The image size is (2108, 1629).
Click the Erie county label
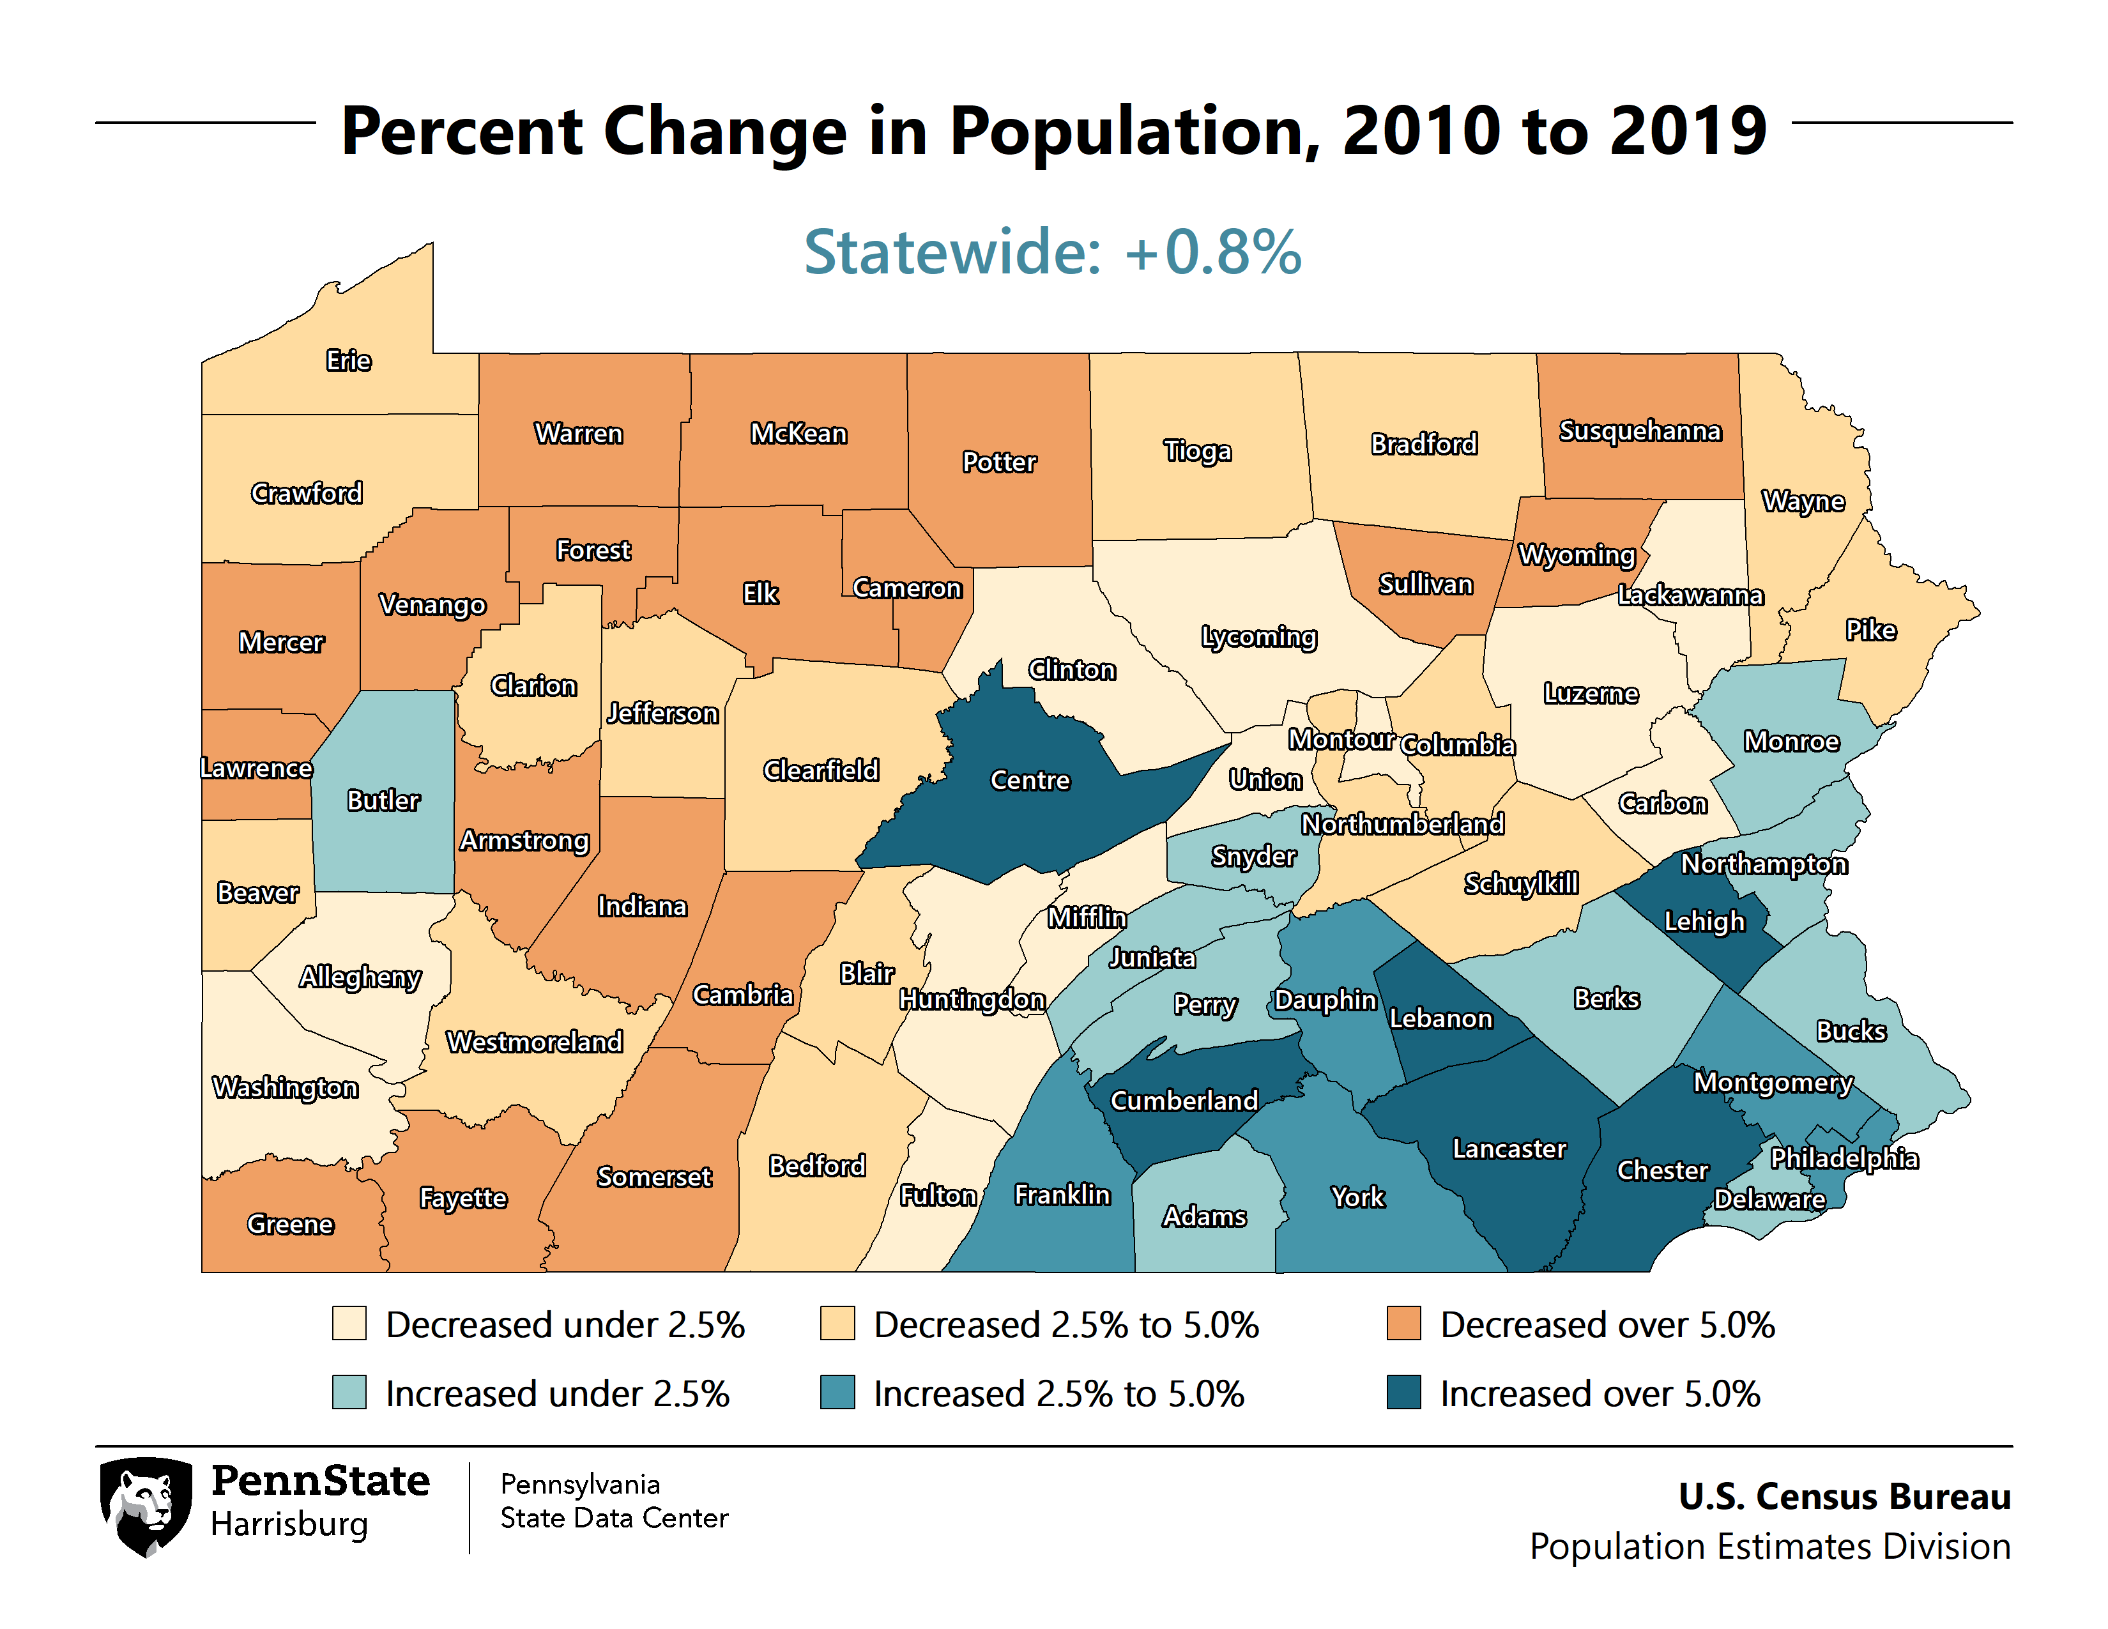[x=348, y=361]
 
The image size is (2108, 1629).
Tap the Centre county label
[x=1030, y=780]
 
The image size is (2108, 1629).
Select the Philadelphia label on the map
[x=1844, y=1158]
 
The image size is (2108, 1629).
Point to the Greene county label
[x=289, y=1224]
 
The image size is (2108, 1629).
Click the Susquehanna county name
[x=1640, y=431]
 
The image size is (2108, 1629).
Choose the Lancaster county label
[x=1509, y=1149]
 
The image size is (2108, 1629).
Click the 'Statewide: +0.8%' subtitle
[x=1053, y=252]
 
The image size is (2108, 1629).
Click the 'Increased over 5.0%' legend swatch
[x=1403, y=1393]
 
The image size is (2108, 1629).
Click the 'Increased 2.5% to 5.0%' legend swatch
[x=837, y=1393]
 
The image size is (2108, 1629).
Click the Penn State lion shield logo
[x=146, y=1506]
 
